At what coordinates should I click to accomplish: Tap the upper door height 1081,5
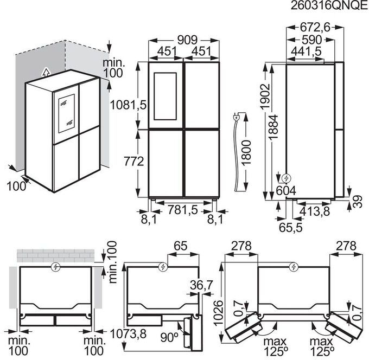[x=128, y=104]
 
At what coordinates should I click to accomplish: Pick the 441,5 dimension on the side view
[x=305, y=52]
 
